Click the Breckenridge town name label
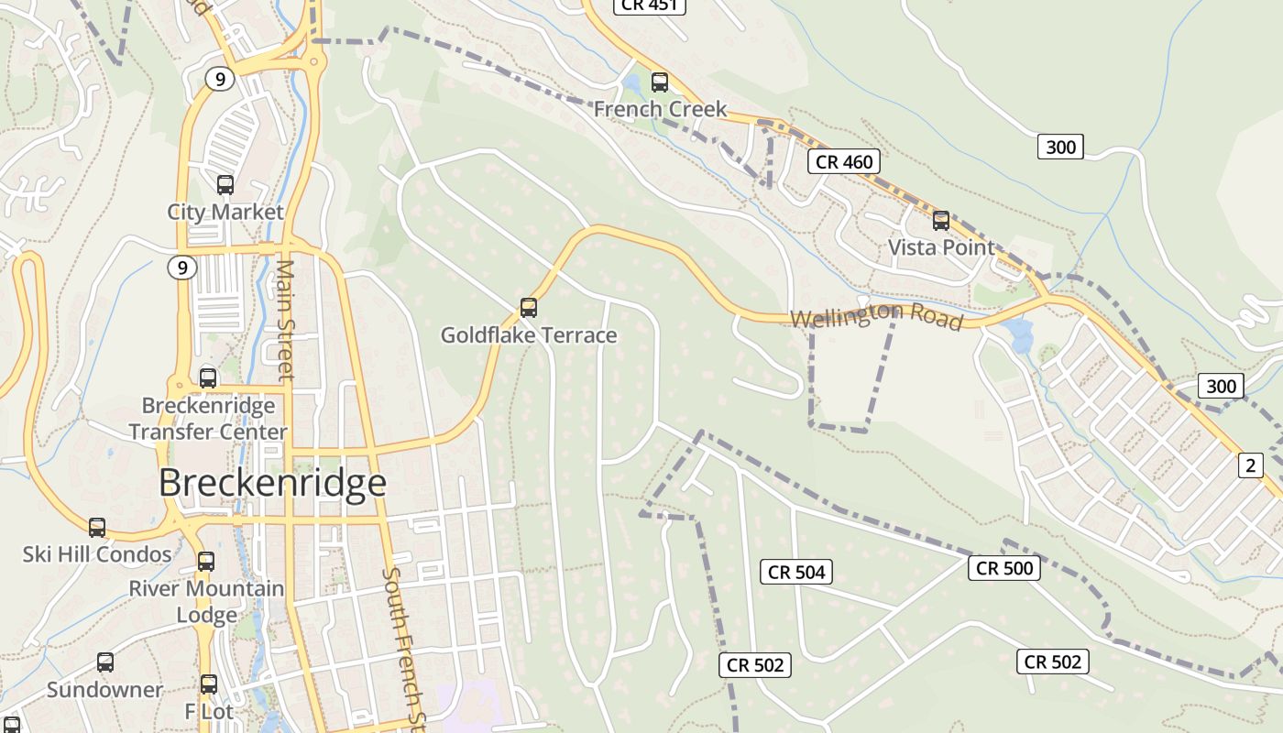click(x=272, y=482)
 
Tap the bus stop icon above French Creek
click(x=659, y=82)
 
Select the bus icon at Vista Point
click(x=941, y=221)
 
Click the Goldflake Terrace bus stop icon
click(x=528, y=308)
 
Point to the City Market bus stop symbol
click(x=225, y=185)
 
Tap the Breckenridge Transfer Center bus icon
click(x=208, y=378)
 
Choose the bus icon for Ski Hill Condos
click(x=97, y=528)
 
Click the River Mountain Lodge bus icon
click(x=206, y=562)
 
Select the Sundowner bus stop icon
click(x=105, y=662)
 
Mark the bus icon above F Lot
click(x=209, y=684)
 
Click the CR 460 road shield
click(x=844, y=162)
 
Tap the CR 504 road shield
click(x=796, y=573)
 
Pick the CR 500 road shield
click(x=1004, y=568)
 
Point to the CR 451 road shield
click(x=648, y=5)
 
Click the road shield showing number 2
click(x=1250, y=465)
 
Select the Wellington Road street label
click(x=876, y=317)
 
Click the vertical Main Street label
click(x=285, y=319)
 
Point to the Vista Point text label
click(x=941, y=247)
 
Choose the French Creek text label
click(x=660, y=109)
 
